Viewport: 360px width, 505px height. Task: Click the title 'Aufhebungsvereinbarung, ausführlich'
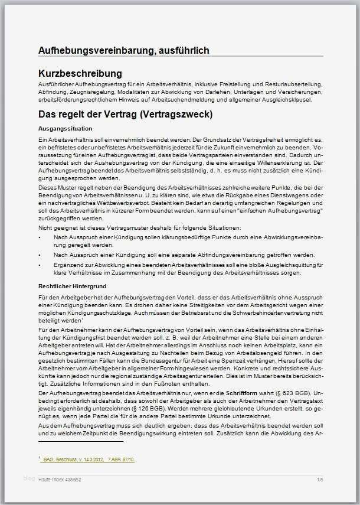tap(123, 51)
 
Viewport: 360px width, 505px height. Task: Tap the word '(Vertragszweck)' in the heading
tap(175, 113)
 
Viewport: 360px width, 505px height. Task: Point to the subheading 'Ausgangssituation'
tap(64, 128)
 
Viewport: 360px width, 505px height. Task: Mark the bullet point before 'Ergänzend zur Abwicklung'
tap(40, 265)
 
